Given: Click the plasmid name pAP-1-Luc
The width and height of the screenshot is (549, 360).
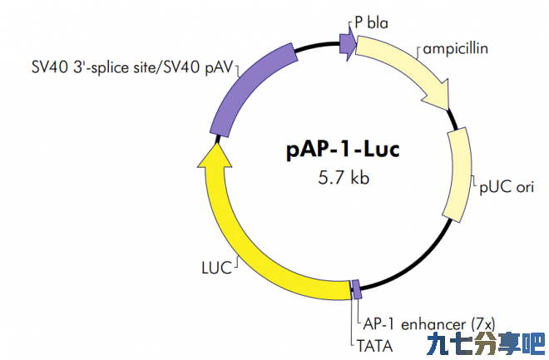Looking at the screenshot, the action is pos(343,150).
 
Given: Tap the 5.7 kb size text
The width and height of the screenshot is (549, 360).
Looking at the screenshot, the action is pos(344,177).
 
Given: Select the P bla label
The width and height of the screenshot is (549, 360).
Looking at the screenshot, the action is pos(371,23).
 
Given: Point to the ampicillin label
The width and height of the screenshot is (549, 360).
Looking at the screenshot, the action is pos(456,48).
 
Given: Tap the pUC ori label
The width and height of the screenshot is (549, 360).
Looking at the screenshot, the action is pos(507,187).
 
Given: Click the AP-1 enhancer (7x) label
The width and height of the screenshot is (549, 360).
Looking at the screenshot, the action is pos(429,324).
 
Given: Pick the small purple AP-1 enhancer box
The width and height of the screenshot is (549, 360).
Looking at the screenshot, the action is pos(356,289).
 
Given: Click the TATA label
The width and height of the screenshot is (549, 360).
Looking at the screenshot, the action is pos(374,347).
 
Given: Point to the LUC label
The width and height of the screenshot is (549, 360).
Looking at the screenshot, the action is pos(217,268).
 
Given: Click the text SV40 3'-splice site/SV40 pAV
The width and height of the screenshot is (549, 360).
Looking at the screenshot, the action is pos(132,67).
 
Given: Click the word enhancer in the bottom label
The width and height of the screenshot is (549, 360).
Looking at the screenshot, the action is pos(433,324).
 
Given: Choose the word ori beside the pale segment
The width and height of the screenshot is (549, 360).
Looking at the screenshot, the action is pos(525,187).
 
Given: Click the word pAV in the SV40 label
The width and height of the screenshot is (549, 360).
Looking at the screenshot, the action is pos(219,67).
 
